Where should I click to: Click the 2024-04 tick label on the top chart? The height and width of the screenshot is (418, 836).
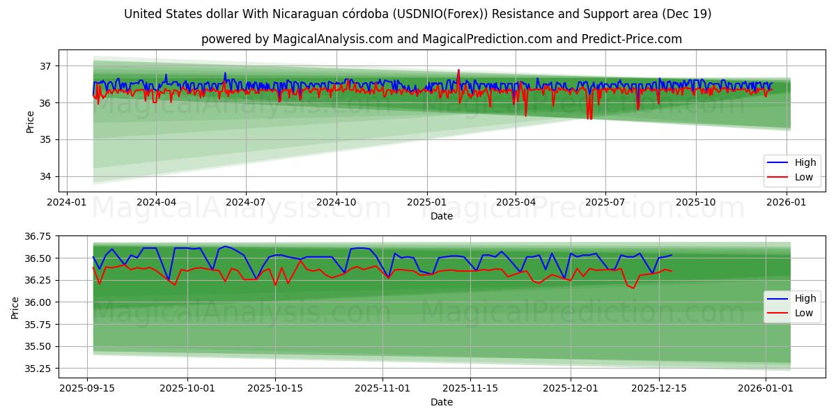[155, 201]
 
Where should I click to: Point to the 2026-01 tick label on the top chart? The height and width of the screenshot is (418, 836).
[787, 201]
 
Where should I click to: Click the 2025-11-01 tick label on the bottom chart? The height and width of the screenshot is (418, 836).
[382, 387]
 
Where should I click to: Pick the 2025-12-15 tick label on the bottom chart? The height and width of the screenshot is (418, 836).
[659, 387]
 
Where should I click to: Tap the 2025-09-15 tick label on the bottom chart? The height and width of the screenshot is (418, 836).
[87, 387]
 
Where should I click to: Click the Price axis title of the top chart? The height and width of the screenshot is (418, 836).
[30, 121]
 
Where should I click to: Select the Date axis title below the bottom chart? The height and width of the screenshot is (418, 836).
[441, 402]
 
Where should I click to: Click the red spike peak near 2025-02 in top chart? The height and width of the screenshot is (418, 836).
[458, 70]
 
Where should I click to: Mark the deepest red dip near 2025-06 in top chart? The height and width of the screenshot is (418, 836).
[589, 118]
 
